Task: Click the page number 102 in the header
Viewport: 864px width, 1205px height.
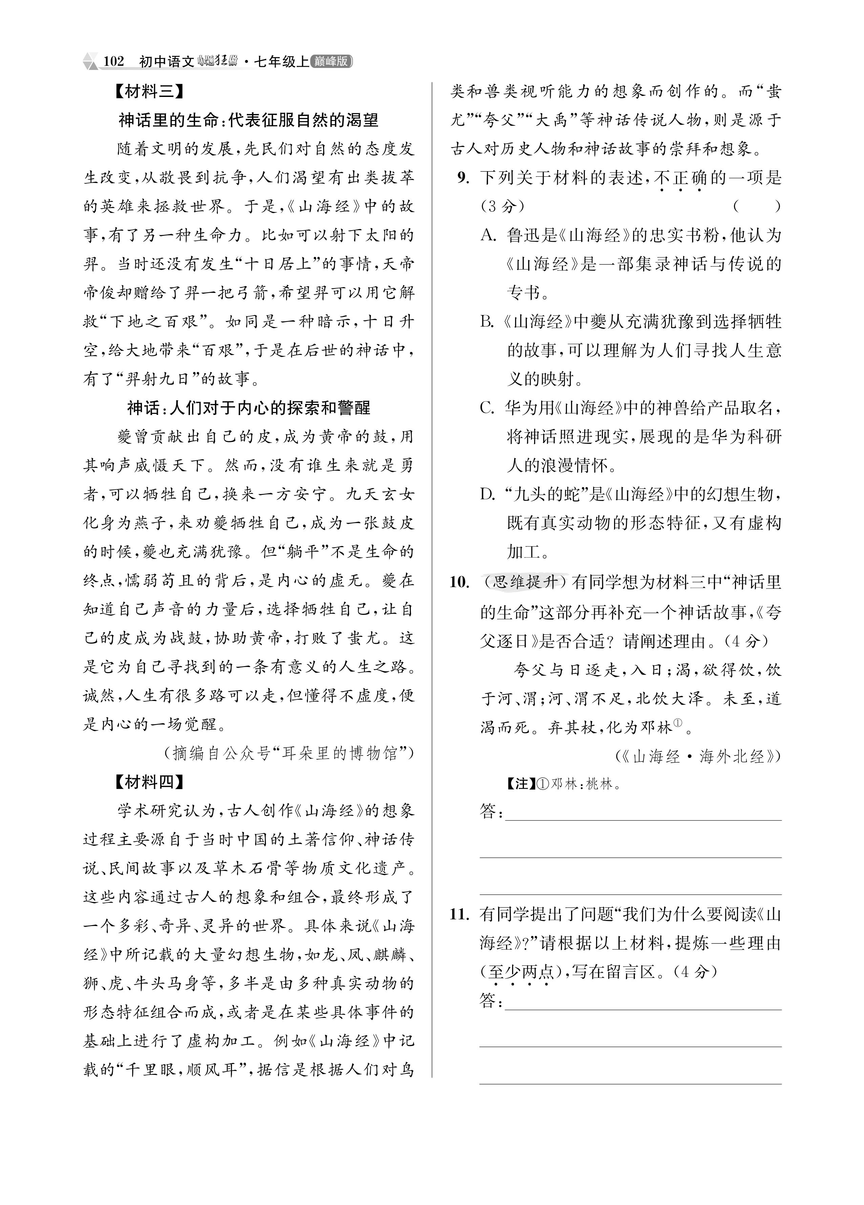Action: tap(113, 62)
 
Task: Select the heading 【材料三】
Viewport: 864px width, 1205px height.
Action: tap(150, 92)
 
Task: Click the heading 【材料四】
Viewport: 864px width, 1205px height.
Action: tap(150, 782)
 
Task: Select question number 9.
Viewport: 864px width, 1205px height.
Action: tap(464, 178)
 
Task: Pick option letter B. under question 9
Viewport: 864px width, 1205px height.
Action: tap(488, 321)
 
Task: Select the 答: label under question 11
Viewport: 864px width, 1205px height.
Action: tap(491, 1001)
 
